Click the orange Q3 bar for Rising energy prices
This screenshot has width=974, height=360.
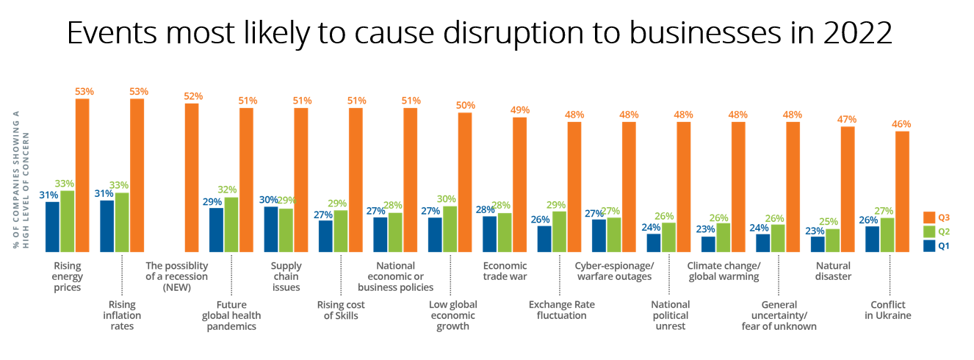[82, 175]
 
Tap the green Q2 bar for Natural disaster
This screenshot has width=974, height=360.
[832, 241]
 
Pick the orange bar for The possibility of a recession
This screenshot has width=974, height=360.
[191, 178]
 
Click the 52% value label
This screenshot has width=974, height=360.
[193, 96]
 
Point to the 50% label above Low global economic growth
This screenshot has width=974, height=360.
[466, 105]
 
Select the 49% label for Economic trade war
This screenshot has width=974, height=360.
[520, 110]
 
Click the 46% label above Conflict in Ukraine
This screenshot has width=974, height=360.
[903, 124]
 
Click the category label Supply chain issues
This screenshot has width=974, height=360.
[286, 276]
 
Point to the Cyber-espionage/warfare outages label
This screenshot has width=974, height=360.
[614, 271]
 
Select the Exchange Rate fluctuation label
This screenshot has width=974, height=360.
[562, 309]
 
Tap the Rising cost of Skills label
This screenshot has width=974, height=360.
[341, 309]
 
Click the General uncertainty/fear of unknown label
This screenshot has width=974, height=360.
[779, 315]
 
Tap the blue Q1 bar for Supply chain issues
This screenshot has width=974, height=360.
[271, 229]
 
